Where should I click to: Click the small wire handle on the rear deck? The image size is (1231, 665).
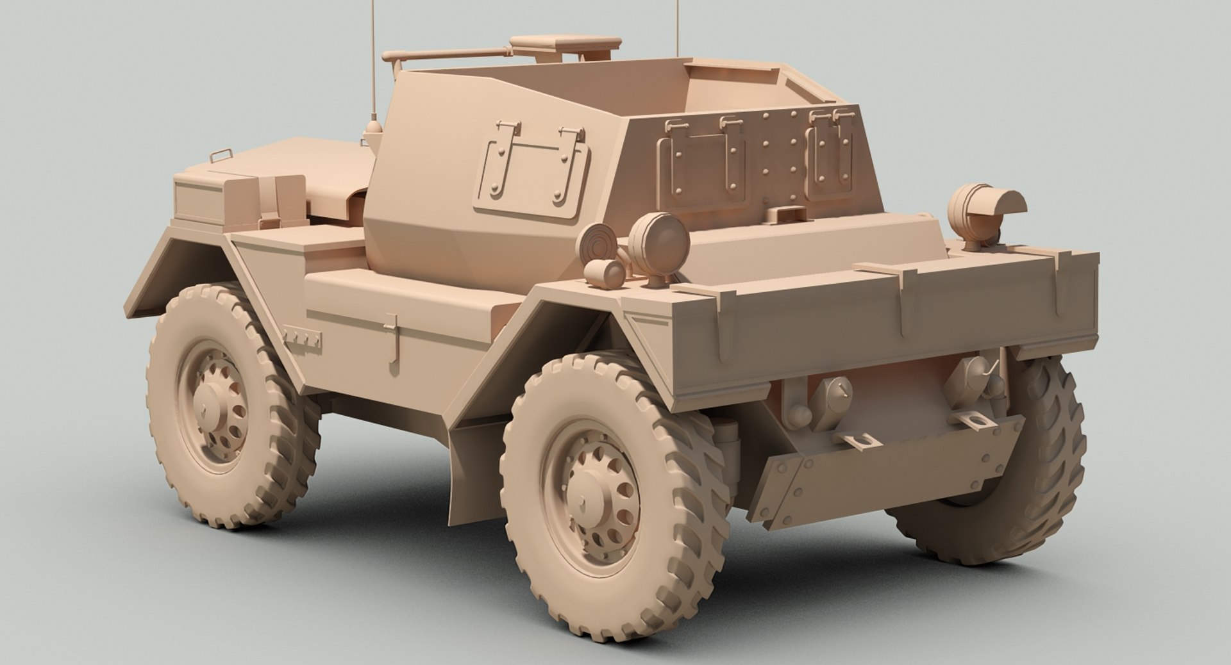tap(219, 155)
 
